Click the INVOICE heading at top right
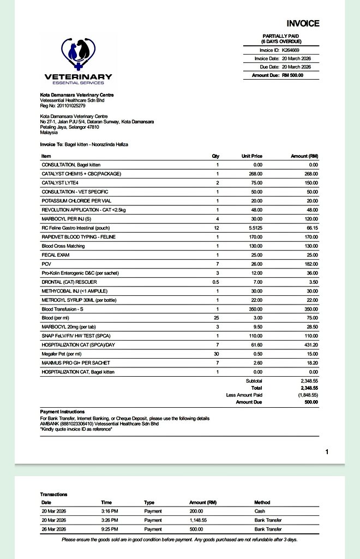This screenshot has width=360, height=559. click(x=303, y=23)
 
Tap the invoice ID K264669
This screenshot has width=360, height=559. click(x=290, y=50)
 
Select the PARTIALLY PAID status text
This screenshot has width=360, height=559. click(x=281, y=36)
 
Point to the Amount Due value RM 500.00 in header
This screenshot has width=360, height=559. click(x=292, y=75)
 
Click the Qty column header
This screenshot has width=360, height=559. click(x=215, y=156)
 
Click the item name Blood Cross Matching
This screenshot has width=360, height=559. click(x=63, y=246)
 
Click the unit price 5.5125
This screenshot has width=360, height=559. click(x=254, y=228)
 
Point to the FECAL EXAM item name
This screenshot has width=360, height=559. click(x=55, y=255)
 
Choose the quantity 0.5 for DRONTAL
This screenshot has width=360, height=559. click(x=215, y=282)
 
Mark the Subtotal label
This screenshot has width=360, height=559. click(x=254, y=381)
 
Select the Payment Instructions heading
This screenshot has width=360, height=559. click(x=62, y=412)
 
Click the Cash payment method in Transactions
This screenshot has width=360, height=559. click(x=260, y=511)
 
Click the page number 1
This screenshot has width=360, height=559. click(x=326, y=452)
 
